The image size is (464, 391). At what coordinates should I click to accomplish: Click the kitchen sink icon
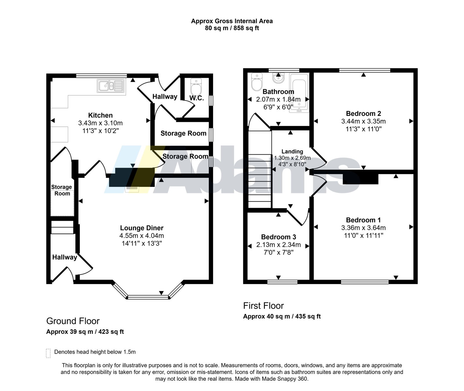pos(111,86)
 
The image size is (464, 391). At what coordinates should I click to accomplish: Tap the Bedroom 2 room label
pos(363,113)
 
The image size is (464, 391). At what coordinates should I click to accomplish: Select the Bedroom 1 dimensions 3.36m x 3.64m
pos(363,228)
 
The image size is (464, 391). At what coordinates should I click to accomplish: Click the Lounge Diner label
pos(142,228)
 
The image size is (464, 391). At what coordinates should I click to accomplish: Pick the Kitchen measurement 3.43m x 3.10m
pos(100,123)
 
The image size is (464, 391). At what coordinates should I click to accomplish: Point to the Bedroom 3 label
pos(278,237)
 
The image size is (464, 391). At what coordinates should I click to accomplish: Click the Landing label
pos(292,151)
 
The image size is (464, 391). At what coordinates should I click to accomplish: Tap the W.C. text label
pos(197,98)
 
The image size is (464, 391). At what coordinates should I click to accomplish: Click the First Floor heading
pos(263,305)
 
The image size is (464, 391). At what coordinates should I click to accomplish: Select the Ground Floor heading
pos(73,321)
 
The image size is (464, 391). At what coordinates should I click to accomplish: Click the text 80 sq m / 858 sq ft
pos(232,28)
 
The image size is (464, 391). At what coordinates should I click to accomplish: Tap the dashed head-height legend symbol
pos(48,353)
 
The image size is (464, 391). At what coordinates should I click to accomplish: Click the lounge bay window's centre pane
pos(148,297)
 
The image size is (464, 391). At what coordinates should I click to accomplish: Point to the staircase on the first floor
pos(260,169)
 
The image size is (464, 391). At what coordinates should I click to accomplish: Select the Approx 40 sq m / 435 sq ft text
pos(282,316)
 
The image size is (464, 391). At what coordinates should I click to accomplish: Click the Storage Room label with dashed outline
pos(62,190)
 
